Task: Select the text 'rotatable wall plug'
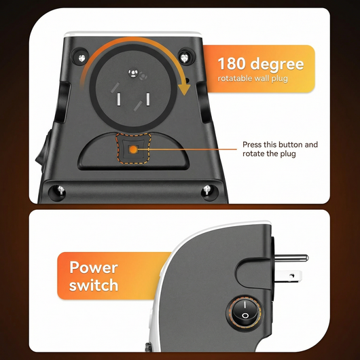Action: [x=253, y=79]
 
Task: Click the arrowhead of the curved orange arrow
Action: [x=183, y=88]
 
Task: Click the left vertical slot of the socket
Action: [x=120, y=99]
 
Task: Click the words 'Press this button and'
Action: [x=280, y=145]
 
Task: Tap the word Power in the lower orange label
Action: [x=94, y=267]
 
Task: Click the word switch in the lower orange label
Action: [x=93, y=285]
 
